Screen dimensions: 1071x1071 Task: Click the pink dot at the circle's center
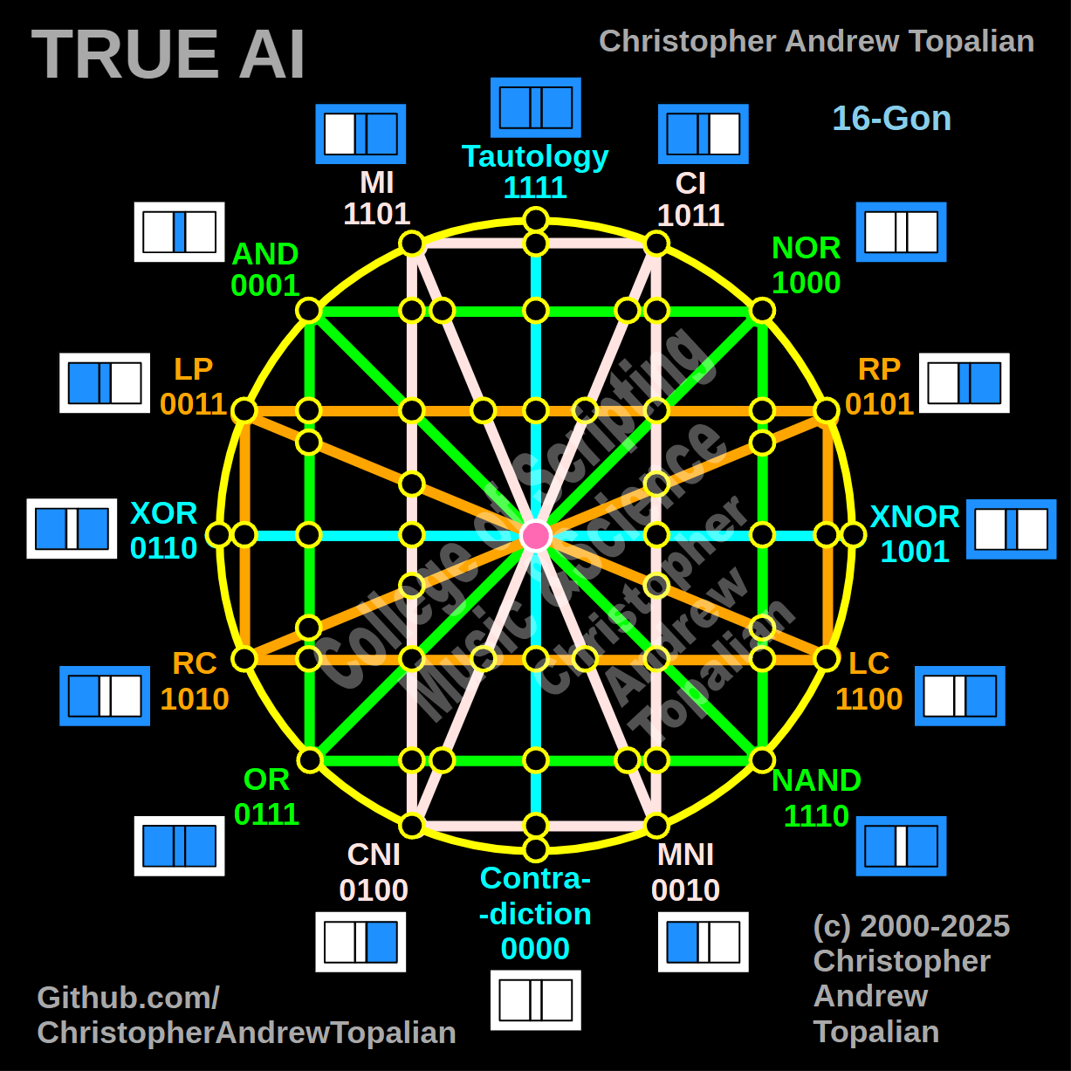pyautogui.click(x=535, y=535)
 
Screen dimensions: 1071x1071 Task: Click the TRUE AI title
pyautogui.click(x=168, y=55)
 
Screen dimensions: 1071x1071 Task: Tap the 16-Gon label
pyautogui.click(x=891, y=118)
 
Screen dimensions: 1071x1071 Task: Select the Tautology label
pyautogui.click(x=535, y=156)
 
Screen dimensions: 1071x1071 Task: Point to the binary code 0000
pyautogui.click(x=535, y=949)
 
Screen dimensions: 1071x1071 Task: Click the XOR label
pyautogui.click(x=163, y=512)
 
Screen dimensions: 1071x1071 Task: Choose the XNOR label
pyautogui.click(x=915, y=516)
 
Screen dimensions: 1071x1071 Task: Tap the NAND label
pyautogui.click(x=816, y=779)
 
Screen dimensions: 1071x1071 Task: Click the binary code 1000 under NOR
pyautogui.click(x=806, y=283)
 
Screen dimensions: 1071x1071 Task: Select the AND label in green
pyautogui.click(x=265, y=254)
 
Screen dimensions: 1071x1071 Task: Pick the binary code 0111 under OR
pyautogui.click(x=266, y=814)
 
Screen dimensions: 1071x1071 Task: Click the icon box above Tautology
pyautogui.click(x=535, y=107)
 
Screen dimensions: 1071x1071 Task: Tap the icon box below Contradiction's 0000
pyautogui.click(x=535, y=1000)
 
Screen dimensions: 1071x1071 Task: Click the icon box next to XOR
pyautogui.click(x=72, y=528)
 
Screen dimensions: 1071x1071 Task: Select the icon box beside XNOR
pyautogui.click(x=1011, y=529)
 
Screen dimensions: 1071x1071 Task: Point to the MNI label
pyautogui.click(x=685, y=855)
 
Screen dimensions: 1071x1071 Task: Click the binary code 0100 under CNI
pyautogui.click(x=374, y=890)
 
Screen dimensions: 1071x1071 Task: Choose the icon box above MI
pyautogui.click(x=360, y=134)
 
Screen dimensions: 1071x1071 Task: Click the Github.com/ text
pyautogui.click(x=128, y=998)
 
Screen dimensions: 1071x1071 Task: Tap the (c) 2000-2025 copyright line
pyautogui.click(x=911, y=926)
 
